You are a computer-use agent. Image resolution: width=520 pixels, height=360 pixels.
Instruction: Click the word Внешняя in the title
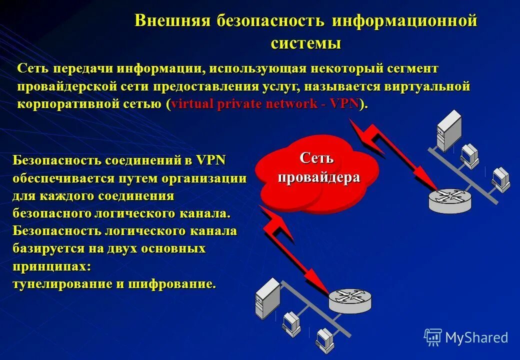pyautogui.click(x=172, y=21)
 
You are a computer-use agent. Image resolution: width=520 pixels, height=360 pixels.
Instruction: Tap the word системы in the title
pyautogui.click(x=306, y=43)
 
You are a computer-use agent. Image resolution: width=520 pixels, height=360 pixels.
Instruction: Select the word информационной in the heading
pyautogui.click(x=405, y=21)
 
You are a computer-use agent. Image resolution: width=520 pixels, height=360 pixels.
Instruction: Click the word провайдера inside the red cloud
pyautogui.click(x=319, y=177)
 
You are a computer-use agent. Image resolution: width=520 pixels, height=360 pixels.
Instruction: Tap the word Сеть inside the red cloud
pyautogui.click(x=316, y=158)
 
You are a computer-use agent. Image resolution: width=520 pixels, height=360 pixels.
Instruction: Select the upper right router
pyautogui.click(x=450, y=199)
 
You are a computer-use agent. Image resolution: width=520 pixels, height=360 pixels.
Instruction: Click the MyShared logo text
pyautogui.click(x=476, y=338)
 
